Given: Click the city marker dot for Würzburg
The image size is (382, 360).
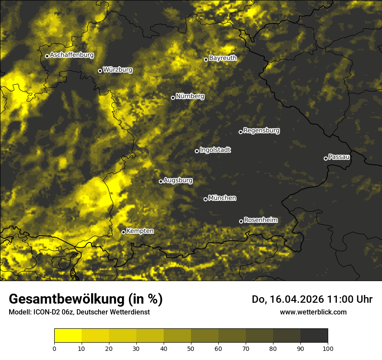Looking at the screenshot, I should click(x=100, y=71).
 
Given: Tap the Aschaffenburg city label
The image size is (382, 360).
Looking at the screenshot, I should click(x=72, y=55).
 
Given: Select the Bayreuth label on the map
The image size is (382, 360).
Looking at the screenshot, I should click(x=223, y=58).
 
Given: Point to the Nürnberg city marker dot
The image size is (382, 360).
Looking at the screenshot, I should click(x=173, y=98).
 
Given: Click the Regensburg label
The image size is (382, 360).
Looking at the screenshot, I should click(x=261, y=130).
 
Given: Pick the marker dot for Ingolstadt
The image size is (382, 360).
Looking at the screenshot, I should click(x=197, y=151).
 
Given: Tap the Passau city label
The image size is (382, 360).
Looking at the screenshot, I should click(x=339, y=157).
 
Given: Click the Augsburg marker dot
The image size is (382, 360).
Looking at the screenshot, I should click(x=161, y=181).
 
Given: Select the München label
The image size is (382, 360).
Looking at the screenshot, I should click(x=222, y=198).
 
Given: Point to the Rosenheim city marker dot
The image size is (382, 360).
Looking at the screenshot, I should click(x=241, y=222).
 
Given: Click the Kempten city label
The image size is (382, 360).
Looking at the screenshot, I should click(x=140, y=231).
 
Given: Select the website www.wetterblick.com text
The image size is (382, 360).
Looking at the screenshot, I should click(x=313, y=312).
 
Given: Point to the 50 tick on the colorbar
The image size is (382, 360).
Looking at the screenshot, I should click(x=191, y=348).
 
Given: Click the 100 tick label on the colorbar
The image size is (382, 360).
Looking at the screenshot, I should click(x=328, y=348).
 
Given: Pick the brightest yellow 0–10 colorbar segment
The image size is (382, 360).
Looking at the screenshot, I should click(x=68, y=336).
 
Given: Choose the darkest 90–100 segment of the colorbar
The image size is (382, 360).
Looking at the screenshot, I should click(x=314, y=336).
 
